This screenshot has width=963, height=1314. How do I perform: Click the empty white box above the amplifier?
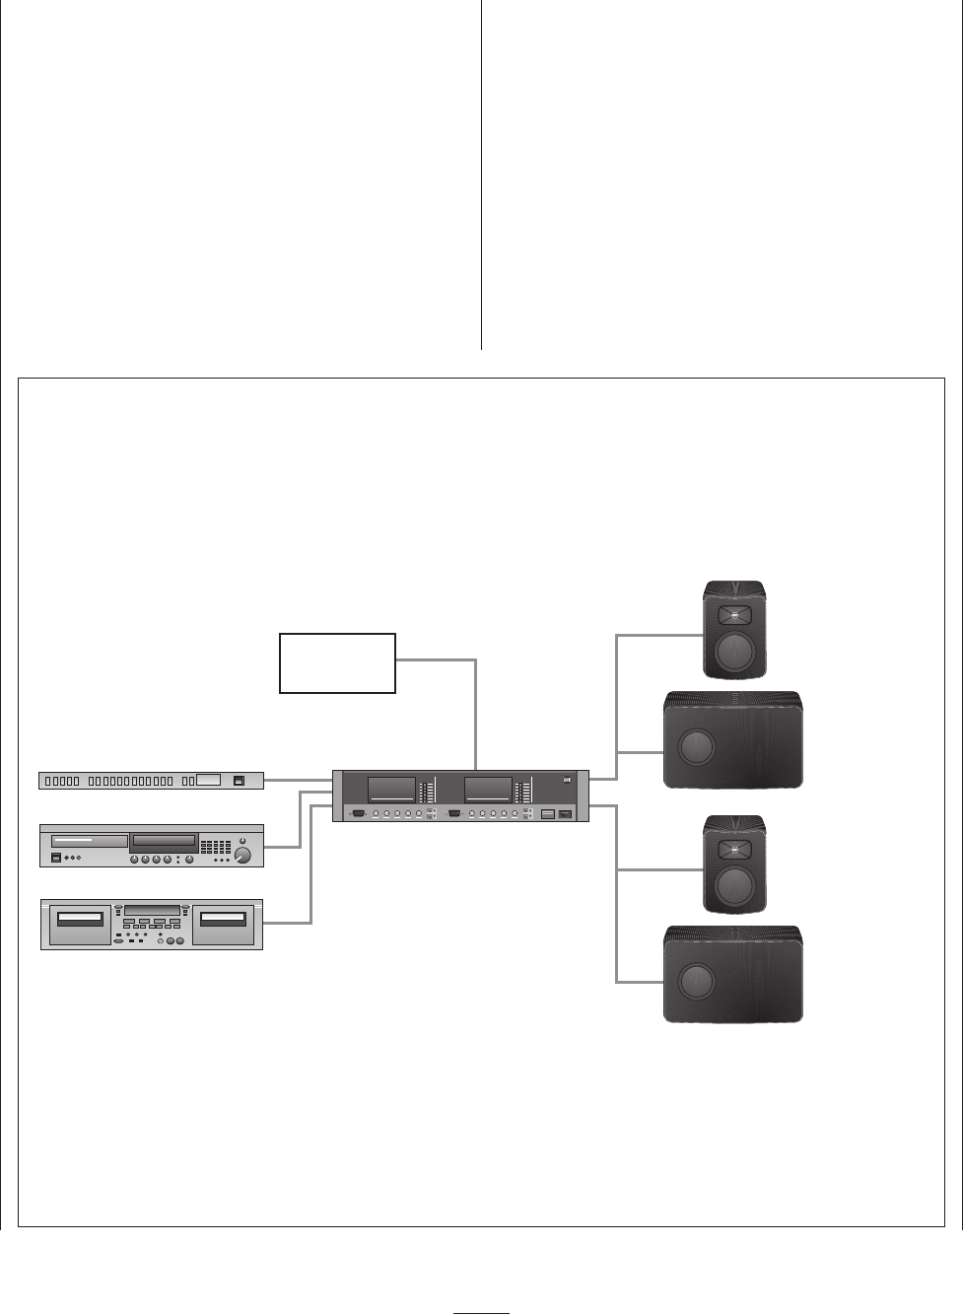337,663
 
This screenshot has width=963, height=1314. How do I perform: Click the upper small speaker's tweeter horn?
734,616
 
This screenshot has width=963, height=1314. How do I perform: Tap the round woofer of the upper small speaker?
734,652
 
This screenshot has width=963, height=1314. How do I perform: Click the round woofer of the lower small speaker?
734,887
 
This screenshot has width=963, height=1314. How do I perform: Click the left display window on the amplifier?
391,789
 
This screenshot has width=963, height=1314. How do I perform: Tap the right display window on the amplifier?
488,789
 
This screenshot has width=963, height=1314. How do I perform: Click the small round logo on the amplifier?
567,782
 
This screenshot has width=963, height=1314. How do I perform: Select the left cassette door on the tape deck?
80,920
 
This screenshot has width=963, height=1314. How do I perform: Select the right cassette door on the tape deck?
223,920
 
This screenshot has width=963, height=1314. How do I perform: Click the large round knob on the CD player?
242,857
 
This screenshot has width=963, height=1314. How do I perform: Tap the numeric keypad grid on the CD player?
215,847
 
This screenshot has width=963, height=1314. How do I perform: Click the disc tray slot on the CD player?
163,842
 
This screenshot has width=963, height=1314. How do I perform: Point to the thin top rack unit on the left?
152,781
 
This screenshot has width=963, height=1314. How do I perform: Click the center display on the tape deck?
152,910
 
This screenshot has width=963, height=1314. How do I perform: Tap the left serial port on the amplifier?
358,814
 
